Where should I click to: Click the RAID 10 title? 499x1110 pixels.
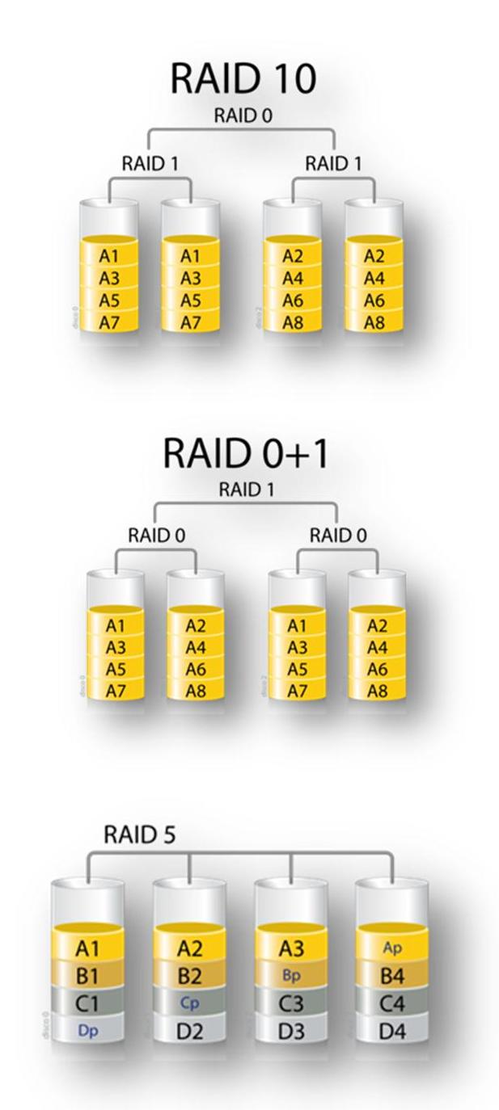(243, 79)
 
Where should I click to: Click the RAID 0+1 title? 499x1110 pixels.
(246, 453)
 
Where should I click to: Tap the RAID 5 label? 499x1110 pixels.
(139, 835)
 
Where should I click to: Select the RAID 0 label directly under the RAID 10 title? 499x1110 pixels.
(243, 116)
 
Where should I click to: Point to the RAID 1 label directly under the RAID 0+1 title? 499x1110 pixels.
(246, 490)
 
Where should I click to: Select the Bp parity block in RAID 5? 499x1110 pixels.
(290, 975)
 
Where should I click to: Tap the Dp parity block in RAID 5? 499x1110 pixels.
(87, 1030)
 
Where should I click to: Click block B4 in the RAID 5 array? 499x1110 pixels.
(392, 975)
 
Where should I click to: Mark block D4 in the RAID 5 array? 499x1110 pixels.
(392, 1030)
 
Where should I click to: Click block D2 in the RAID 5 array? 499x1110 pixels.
(189, 1030)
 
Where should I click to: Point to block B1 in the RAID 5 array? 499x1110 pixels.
(87, 975)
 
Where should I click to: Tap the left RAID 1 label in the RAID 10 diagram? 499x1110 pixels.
(150, 163)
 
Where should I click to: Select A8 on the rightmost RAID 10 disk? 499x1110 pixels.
(373, 322)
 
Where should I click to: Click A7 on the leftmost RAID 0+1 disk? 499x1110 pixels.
(116, 691)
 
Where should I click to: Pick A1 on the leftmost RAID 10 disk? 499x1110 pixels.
(109, 256)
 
